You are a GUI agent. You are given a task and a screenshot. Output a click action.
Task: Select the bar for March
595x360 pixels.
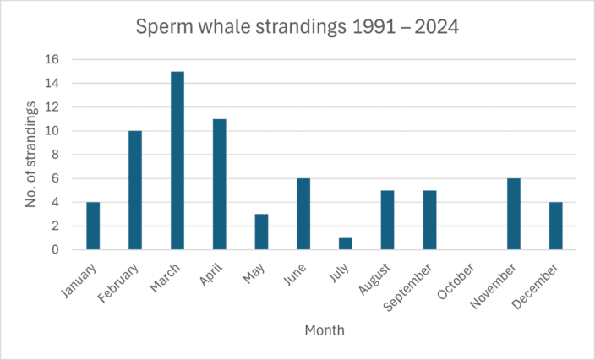click(x=177, y=161)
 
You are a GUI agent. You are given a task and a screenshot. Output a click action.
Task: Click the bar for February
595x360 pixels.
click(x=135, y=190)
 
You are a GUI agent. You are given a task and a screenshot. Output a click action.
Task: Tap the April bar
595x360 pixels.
click(x=220, y=184)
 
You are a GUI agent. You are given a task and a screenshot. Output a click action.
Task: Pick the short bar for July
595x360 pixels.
click(x=346, y=243)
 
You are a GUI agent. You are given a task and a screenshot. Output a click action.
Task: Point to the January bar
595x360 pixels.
click(x=93, y=226)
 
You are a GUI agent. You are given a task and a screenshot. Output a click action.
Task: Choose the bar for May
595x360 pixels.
click(x=261, y=232)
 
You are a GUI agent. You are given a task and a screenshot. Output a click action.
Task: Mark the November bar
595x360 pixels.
click(x=514, y=214)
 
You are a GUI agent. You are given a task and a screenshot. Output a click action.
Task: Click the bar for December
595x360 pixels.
click(x=555, y=226)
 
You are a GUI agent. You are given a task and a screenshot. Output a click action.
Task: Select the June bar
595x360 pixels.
click(x=303, y=214)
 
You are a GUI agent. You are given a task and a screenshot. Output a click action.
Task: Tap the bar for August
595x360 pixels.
click(x=387, y=220)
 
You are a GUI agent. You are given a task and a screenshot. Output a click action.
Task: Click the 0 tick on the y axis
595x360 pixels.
click(x=56, y=249)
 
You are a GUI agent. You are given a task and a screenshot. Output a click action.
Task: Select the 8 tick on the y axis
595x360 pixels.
click(x=56, y=155)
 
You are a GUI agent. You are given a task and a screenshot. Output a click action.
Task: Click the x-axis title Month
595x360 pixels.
click(x=325, y=330)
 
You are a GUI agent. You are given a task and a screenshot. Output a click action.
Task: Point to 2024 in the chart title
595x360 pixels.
click(x=434, y=28)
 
